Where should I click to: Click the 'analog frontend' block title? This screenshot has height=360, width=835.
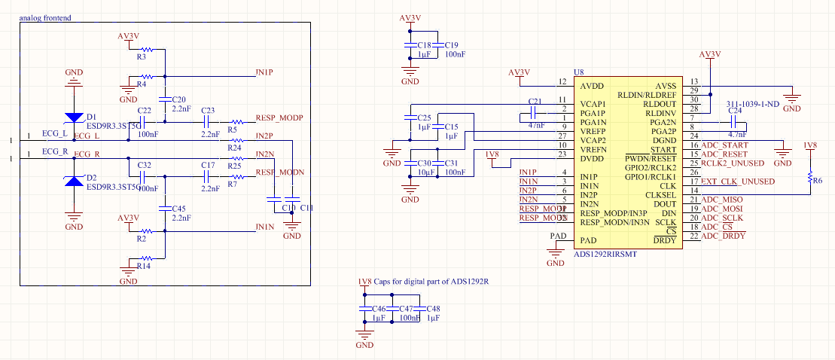pos(45,18)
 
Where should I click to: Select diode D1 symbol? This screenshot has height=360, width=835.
pos(73,117)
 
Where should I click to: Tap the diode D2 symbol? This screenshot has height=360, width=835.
pos(73,180)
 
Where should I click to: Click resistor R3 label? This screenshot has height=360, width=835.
pos(142,57)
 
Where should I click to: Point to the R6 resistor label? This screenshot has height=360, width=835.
pos(818,181)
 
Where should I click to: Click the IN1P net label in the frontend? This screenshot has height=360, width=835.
pos(264,72)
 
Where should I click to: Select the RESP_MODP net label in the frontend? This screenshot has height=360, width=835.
pos(279,118)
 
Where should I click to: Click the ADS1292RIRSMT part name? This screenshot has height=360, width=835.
pos(605,255)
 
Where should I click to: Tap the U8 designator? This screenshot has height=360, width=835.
pos(579,73)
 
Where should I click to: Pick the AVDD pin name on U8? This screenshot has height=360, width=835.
pos(592,86)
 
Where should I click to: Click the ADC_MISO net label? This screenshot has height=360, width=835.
pos(721,200)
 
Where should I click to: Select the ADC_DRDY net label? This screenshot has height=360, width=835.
pos(723,236)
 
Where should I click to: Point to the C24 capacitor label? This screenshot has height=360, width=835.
pos(735,111)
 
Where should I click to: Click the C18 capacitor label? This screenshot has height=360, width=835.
pos(424,45)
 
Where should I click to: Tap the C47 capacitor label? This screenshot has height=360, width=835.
pos(406,310)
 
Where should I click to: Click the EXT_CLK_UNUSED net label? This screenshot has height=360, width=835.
pos(737,182)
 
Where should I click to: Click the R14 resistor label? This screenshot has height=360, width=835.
pos(143,266)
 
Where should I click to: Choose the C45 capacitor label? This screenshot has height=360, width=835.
pos(178,208)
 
